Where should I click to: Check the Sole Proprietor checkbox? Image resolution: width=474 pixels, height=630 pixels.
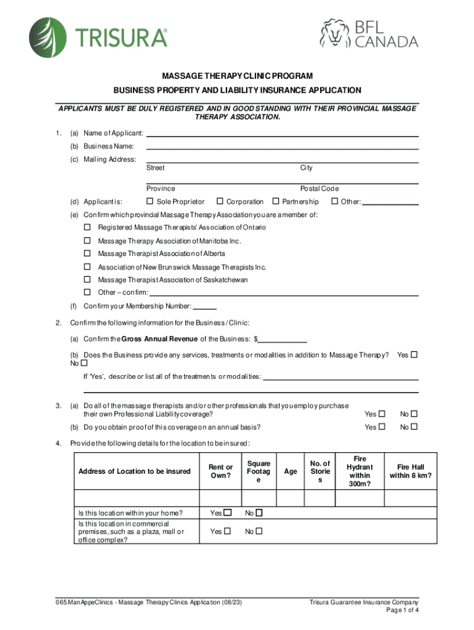[150, 201]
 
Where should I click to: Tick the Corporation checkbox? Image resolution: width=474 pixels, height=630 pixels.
[219, 201]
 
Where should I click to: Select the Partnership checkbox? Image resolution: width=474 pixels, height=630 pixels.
[275, 201]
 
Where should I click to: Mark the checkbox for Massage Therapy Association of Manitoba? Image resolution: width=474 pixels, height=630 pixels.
[87, 241]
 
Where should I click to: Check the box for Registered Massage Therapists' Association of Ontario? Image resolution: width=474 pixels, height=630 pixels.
[87, 228]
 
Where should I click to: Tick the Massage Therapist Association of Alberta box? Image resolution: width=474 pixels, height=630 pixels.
[87, 253]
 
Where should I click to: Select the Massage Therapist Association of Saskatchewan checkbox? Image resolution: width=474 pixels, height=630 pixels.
[87, 279]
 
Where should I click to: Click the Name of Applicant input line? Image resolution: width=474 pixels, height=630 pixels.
[282, 133]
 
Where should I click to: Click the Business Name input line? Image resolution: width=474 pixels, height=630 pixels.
[282, 146]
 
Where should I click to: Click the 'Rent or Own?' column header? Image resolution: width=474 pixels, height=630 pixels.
[220, 471]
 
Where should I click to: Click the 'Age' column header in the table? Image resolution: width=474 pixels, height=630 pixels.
[291, 471]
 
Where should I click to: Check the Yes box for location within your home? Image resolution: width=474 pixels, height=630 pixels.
[228, 512]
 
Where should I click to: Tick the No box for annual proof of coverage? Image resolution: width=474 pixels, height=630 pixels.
[414, 427]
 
